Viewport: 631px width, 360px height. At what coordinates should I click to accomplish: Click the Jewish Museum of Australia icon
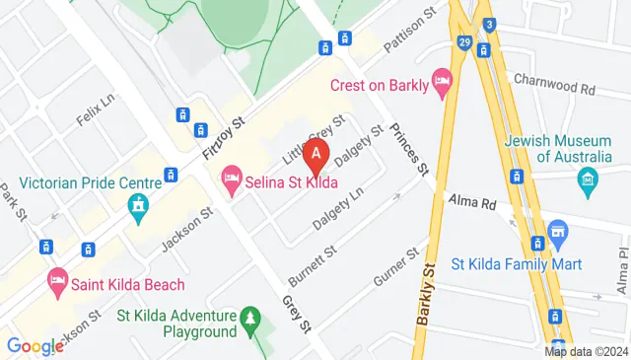pos(589,179)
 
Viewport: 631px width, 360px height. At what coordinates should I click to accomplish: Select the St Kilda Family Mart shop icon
pos(558,235)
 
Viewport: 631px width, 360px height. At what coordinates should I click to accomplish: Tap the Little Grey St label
pos(312,140)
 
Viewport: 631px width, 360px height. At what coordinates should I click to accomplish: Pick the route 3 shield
pos(488,25)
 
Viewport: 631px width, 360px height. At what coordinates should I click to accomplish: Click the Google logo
pos(35,346)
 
